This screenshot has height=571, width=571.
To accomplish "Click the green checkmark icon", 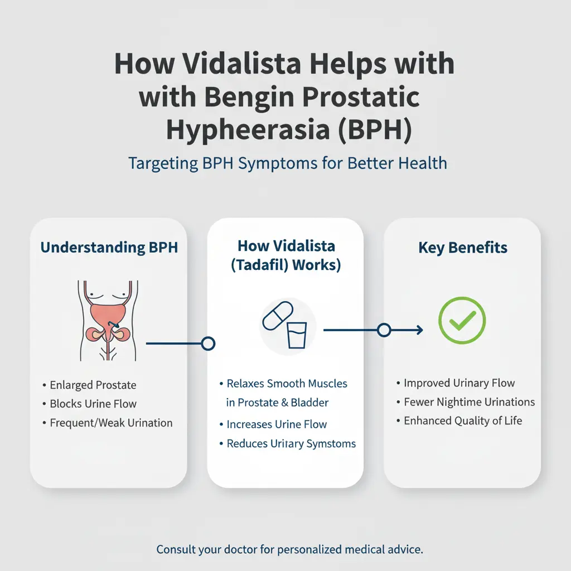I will click(x=462, y=320).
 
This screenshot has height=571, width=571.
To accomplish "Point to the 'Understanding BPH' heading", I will click(x=109, y=248).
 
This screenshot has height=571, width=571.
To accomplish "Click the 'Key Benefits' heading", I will click(x=463, y=248).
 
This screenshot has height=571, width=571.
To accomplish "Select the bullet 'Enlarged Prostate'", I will click(x=93, y=385).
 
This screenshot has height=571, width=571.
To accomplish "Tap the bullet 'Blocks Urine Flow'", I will click(x=93, y=404).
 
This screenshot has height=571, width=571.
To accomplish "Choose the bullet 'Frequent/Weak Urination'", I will click(x=111, y=423).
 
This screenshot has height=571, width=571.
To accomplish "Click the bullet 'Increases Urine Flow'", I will click(x=277, y=424).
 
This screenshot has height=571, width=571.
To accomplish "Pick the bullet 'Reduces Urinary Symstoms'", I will click(x=291, y=444).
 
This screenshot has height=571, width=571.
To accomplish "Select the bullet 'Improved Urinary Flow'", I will click(x=459, y=383).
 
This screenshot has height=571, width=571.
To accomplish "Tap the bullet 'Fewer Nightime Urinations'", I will click(x=469, y=402).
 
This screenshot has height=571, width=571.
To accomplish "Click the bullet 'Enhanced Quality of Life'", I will click(x=463, y=420).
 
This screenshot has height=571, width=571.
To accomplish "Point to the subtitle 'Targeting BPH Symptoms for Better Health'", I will click(x=287, y=163).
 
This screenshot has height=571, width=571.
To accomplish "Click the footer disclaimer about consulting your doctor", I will click(x=288, y=549).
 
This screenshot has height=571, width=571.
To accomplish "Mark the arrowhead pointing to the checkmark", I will click(x=419, y=330).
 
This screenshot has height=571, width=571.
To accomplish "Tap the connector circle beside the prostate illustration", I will click(x=207, y=343).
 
